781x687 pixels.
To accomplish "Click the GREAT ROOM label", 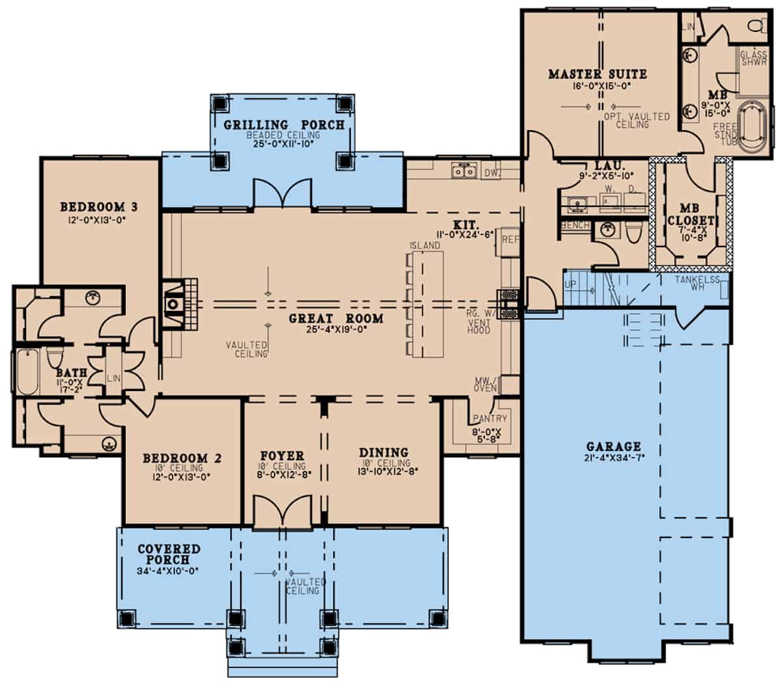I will click(x=336, y=319).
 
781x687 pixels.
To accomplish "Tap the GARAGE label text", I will click(x=613, y=447).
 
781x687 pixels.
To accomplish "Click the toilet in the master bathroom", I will click(x=756, y=25).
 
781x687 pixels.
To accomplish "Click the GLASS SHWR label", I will click(x=754, y=59).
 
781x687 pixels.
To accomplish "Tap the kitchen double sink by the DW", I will click(x=466, y=172).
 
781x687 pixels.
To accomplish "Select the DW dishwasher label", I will click(x=492, y=173).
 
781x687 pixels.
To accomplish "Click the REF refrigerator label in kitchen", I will click(x=510, y=240).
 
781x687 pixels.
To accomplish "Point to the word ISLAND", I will click(x=425, y=245).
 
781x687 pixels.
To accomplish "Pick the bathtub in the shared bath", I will click(x=27, y=372).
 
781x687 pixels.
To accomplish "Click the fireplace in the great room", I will click(x=174, y=304).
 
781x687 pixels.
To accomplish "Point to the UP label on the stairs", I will click(x=569, y=285).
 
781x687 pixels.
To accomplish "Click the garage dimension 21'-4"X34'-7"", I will click(x=613, y=458).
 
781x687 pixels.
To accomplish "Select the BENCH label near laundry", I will click(x=575, y=225).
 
